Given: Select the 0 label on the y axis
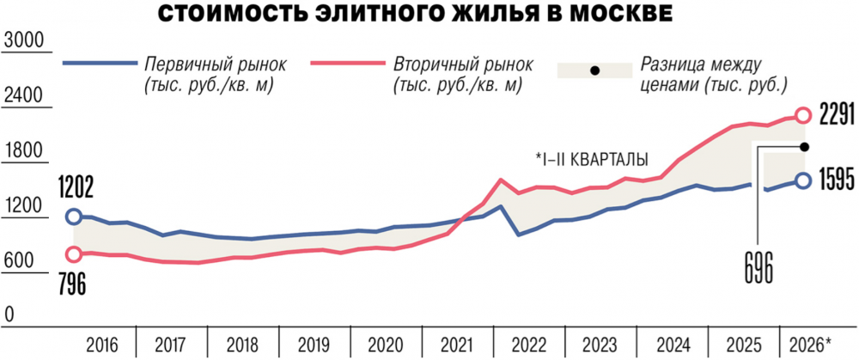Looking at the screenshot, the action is pyautogui.click(x=9, y=314).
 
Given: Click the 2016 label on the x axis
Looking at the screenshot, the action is pyautogui.click(x=102, y=345).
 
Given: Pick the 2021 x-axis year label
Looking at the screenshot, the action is pyautogui.click(x=458, y=345).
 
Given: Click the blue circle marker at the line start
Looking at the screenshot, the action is pyautogui.click(x=73, y=217).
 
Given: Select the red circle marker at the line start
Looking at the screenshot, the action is pyautogui.click(x=73, y=253).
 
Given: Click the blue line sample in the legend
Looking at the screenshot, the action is pyautogui.click(x=100, y=63).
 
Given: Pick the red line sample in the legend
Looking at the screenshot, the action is pyautogui.click(x=347, y=63).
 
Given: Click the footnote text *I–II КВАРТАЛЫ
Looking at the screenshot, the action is pyautogui.click(x=592, y=160).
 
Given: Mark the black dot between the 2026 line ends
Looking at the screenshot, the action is pyautogui.click(x=805, y=146).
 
